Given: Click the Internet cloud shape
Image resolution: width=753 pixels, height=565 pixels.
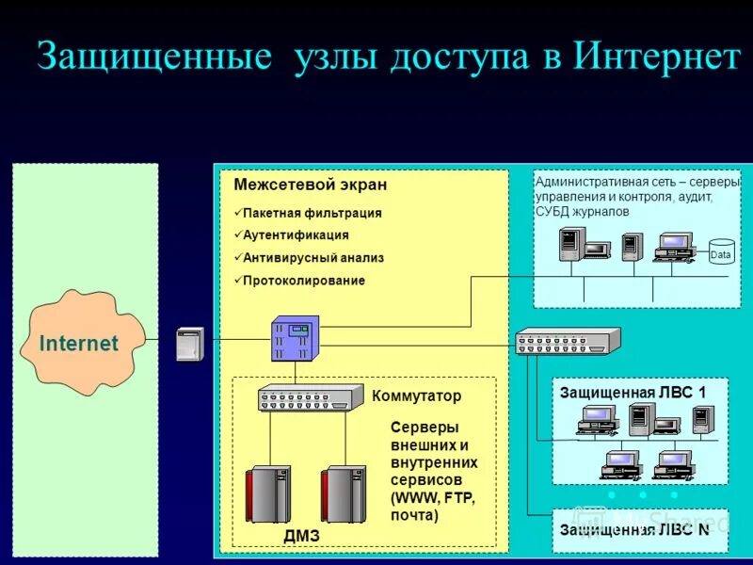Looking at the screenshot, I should click(80, 343).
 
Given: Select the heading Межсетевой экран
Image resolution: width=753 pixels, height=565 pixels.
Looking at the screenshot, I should click(310, 185).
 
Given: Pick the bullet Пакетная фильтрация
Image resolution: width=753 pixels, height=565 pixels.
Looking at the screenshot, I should click(312, 213).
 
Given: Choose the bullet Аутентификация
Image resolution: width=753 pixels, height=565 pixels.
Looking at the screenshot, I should click(296, 235).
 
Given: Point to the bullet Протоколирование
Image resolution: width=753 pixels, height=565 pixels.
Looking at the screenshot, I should click(303, 281).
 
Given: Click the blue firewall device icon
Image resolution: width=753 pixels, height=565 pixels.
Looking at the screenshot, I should click(295, 338).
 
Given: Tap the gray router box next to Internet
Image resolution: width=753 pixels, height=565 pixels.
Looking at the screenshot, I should click(190, 344).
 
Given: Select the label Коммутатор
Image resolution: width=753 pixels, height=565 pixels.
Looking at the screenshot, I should click(417, 396).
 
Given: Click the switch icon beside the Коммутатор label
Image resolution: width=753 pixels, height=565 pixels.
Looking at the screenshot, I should click(311, 398).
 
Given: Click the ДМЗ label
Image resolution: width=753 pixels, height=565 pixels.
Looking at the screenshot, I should click(301, 536).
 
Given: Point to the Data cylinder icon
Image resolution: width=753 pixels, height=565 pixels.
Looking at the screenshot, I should click(721, 251).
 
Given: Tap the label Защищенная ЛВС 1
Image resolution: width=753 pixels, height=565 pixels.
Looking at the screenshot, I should click(632, 392).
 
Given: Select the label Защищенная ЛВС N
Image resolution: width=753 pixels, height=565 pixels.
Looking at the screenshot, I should click(634, 529).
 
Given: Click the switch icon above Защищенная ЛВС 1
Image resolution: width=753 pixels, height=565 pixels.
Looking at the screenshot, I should click(568, 340).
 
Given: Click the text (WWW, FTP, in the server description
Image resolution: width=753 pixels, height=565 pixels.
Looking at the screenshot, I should click(433, 498).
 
